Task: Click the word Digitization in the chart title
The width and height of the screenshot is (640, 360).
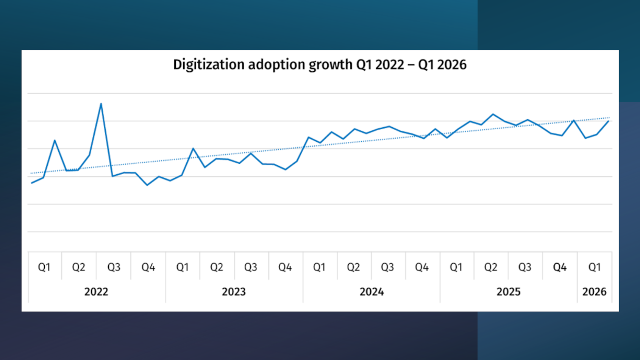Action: click(209, 65)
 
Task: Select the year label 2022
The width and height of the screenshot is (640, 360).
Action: click(96, 292)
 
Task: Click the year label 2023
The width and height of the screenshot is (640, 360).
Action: click(234, 292)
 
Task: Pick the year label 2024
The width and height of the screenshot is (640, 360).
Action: click(372, 292)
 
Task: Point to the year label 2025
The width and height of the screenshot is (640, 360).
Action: click(508, 292)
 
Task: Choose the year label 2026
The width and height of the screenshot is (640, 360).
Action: click(594, 292)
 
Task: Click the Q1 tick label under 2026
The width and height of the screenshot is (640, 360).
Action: click(594, 267)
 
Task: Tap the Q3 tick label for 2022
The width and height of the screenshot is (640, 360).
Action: click(114, 267)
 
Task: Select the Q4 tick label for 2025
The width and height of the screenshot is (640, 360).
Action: click(560, 267)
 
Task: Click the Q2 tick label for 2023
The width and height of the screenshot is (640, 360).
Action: click(217, 267)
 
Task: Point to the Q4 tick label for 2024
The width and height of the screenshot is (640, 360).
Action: click(422, 267)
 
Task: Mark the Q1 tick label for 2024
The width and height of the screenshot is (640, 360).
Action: click(319, 267)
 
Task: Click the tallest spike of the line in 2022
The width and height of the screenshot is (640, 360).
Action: click(101, 103)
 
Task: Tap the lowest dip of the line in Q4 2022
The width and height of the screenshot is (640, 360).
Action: click(147, 185)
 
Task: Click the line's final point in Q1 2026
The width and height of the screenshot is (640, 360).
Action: click(609, 121)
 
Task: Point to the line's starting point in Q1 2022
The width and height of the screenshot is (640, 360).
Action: click(32, 183)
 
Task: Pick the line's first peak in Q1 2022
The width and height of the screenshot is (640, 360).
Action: click(55, 141)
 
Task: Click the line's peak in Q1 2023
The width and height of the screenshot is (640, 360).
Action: click(193, 148)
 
